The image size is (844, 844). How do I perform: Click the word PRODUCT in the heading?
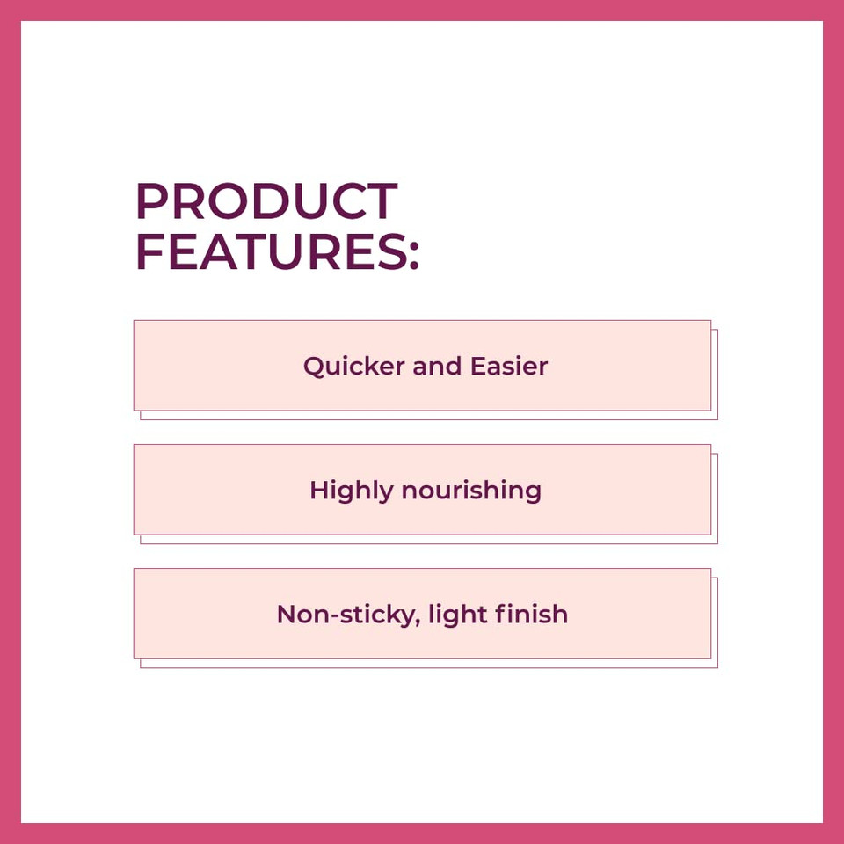(x=266, y=201)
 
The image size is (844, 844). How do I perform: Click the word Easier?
(x=509, y=366)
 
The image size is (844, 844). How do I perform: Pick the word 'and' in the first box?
(x=437, y=366)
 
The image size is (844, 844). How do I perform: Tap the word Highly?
(x=352, y=491)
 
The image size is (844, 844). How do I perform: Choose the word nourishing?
(x=471, y=491)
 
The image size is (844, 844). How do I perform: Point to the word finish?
(x=531, y=614)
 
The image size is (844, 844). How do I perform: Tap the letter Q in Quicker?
(x=314, y=367)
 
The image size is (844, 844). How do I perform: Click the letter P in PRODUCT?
(x=150, y=201)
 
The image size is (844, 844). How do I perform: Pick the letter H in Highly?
(x=319, y=490)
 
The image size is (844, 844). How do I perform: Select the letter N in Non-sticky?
(x=287, y=614)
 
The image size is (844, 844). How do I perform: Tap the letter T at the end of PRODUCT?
(x=381, y=201)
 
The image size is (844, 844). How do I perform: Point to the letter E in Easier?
(x=477, y=366)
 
